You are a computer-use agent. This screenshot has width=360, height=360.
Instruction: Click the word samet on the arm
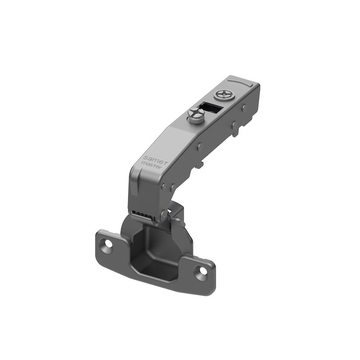(153, 155)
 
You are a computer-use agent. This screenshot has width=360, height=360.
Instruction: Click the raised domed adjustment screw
(195, 116)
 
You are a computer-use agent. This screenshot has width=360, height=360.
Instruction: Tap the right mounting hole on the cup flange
(200, 272)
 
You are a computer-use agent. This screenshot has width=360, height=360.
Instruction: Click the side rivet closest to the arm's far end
(244, 108)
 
